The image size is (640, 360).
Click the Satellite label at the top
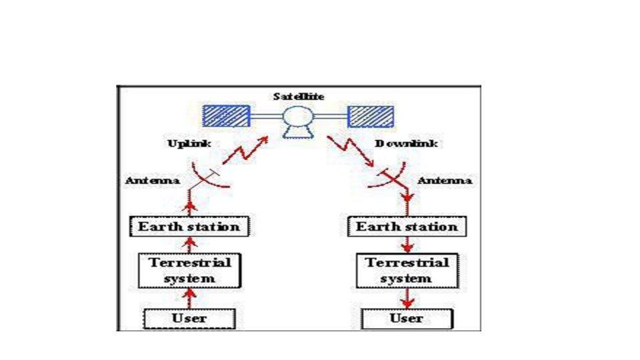299,97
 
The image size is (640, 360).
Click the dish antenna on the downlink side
393,178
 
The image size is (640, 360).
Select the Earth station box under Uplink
189,227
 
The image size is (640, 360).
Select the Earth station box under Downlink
407,227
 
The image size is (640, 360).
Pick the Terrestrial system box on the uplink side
190,270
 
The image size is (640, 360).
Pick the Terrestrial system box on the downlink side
407,270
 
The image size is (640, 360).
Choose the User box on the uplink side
189,318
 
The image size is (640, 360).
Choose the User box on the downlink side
407,318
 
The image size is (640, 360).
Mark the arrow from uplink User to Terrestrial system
189,297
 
